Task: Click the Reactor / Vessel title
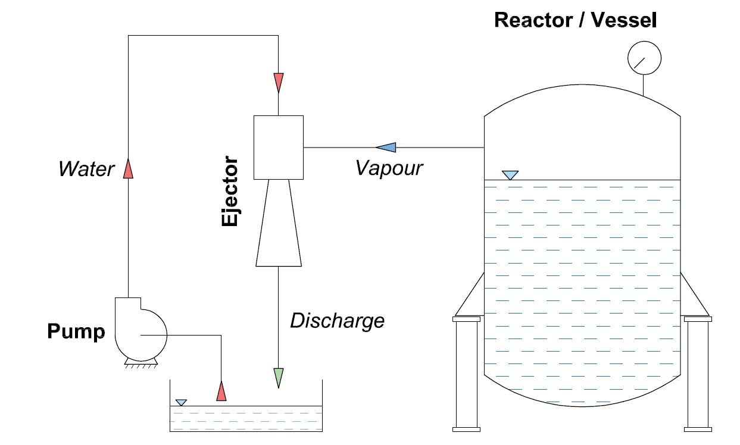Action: click(575, 20)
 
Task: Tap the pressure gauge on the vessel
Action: click(644, 58)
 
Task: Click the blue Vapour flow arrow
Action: click(385, 147)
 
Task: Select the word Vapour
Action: click(389, 168)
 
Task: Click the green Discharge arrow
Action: click(278, 377)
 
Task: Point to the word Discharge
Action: click(337, 321)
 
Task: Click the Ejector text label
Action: click(230, 192)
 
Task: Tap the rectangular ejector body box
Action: click(278, 147)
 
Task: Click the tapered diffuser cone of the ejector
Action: click(279, 223)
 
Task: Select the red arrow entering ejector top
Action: click(278, 82)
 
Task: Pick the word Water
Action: click(86, 169)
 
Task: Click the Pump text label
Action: click(76, 332)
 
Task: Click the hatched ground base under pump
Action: click(140, 365)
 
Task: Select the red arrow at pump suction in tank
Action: click(221, 391)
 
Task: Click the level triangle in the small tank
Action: click(182, 403)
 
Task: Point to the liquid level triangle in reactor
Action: click(510, 175)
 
